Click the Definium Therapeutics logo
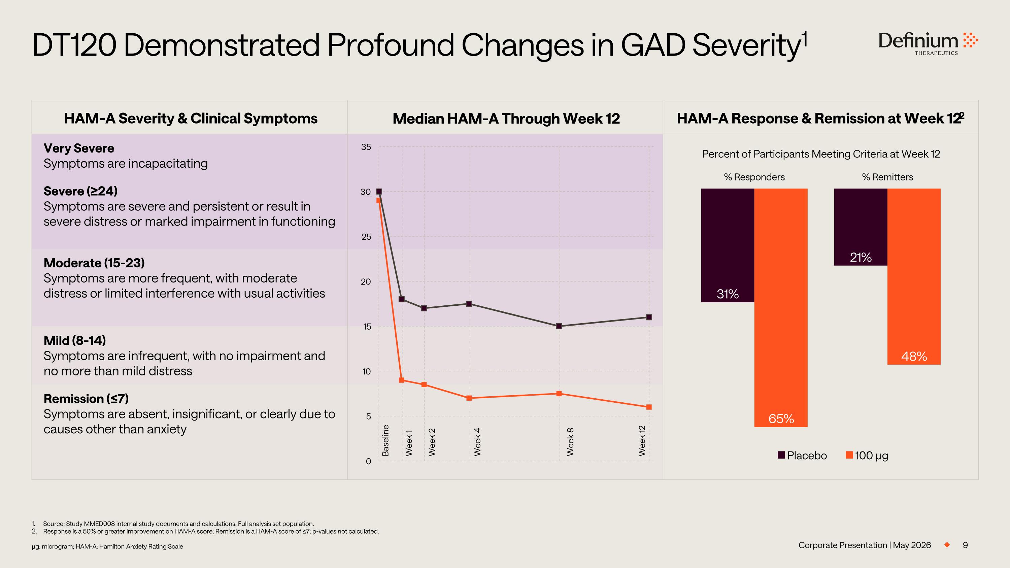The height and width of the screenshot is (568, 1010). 928,43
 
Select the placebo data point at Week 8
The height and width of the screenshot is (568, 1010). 559,326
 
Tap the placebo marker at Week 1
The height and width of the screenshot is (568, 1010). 402,299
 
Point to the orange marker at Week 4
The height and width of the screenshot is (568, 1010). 469,398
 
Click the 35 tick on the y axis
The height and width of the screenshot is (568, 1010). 366,147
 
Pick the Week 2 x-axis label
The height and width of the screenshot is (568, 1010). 432,442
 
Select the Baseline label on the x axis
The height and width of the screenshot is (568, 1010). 385,440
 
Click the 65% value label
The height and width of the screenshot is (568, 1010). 781,419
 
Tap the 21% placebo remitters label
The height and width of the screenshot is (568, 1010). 861,257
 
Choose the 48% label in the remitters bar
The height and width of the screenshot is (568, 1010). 914,356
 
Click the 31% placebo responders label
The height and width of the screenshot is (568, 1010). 728,294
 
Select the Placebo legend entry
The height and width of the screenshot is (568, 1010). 802,456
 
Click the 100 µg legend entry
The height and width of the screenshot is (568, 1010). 867,456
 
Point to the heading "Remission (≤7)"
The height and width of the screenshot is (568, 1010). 86,399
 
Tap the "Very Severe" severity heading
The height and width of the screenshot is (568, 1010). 79,148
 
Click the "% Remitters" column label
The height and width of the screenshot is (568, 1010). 887,177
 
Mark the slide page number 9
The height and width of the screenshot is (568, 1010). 965,545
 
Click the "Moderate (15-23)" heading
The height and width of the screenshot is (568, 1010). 94,263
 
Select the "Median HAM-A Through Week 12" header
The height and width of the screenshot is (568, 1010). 506,119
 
